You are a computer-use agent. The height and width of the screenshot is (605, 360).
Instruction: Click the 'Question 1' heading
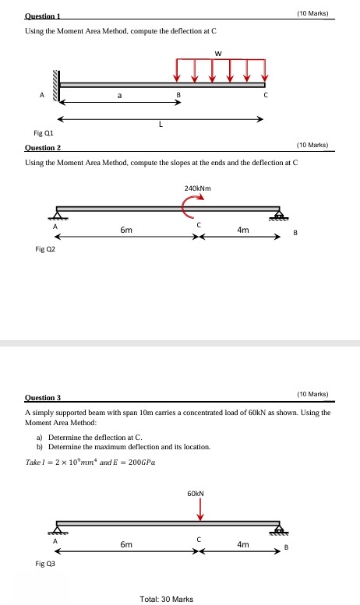point(43,15)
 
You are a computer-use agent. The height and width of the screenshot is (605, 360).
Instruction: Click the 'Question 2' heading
point(44,146)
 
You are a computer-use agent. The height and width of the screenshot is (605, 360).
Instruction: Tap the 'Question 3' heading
point(44,396)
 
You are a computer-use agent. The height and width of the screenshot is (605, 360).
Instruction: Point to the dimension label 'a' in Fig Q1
point(119,97)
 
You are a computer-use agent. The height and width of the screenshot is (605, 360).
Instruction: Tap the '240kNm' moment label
point(199,188)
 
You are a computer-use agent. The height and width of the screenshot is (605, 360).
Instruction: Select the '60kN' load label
point(196,494)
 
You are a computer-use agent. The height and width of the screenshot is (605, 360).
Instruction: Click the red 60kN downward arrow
point(200,509)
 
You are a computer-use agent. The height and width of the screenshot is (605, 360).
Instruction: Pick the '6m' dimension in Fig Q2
point(126,230)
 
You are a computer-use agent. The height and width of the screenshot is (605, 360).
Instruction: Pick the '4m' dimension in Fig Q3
point(243,544)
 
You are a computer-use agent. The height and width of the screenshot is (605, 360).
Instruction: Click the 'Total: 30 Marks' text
point(167,598)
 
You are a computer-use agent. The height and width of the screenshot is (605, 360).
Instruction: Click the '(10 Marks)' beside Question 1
point(313,13)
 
